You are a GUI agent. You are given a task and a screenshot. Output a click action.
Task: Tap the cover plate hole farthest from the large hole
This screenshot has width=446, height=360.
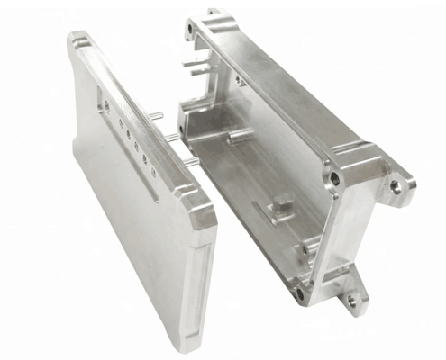click(154, 172)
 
